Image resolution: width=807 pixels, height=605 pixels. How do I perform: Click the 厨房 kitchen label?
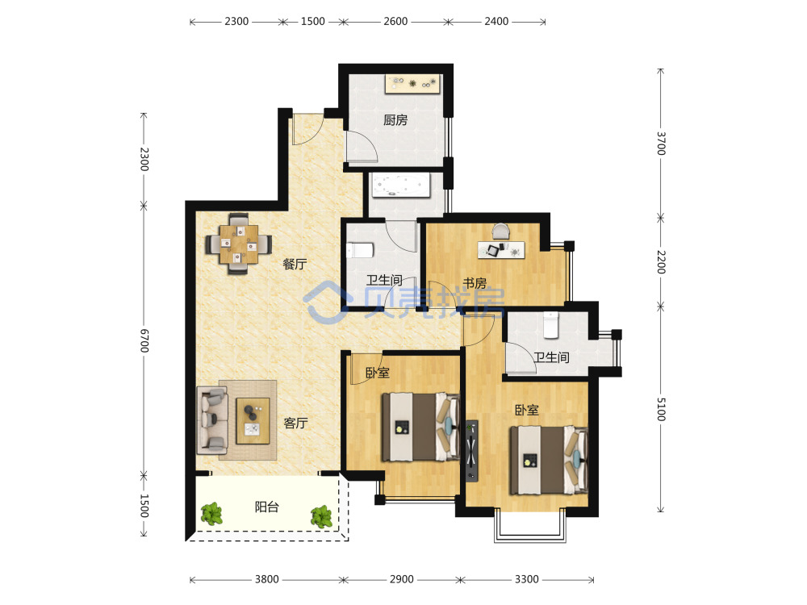click(395, 120)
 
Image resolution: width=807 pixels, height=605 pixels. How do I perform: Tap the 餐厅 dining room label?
click(295, 264)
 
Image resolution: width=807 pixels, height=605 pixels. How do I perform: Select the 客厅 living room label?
click(296, 423)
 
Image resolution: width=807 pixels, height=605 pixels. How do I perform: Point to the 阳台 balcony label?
click(266, 507)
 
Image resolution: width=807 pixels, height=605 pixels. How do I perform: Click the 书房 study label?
click(475, 283)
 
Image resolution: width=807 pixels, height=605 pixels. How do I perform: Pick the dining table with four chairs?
click(238, 244)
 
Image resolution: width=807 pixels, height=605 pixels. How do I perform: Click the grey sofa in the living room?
click(212, 420)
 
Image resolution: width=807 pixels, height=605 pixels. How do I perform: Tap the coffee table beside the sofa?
click(253, 421)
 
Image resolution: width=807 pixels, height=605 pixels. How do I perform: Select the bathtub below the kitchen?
click(401, 186)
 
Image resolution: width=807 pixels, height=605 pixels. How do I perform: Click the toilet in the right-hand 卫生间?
click(550, 325)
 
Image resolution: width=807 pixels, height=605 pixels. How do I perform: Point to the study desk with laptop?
click(501, 249)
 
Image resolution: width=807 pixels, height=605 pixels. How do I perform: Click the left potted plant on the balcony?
click(211, 514)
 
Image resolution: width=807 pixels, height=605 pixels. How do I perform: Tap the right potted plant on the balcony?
click(322, 516)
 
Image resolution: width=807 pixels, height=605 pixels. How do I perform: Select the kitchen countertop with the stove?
click(412, 84)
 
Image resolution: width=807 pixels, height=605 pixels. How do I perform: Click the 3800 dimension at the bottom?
click(266, 579)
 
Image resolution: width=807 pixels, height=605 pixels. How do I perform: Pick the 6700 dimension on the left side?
click(144, 340)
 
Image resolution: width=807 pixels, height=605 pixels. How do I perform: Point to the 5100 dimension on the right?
click(662, 409)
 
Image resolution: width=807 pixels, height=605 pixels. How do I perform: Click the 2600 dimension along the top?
click(395, 21)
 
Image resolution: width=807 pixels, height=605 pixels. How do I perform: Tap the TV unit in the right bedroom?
click(471, 451)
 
